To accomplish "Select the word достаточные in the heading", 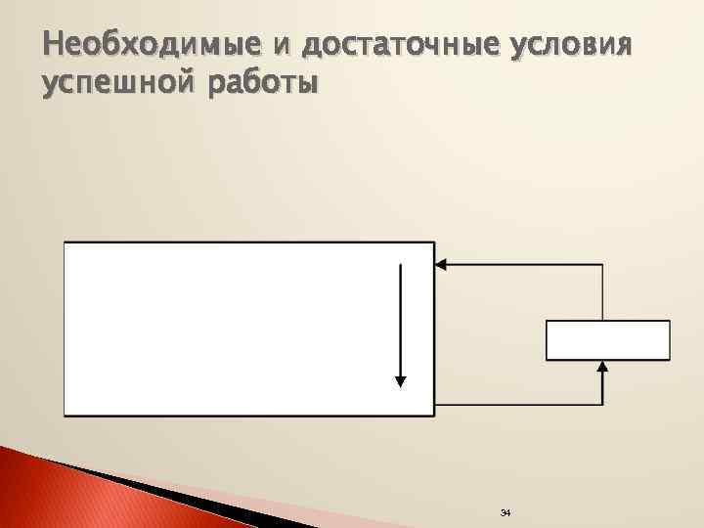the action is pyautogui.click(x=401, y=45).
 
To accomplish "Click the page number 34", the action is pyautogui.click(x=506, y=513).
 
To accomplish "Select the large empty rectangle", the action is pyautogui.click(x=225, y=329).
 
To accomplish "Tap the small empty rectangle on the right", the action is pyautogui.click(x=607, y=340).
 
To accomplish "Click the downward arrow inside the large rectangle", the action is pyautogui.click(x=400, y=323).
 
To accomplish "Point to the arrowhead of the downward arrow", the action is pyautogui.click(x=400, y=380).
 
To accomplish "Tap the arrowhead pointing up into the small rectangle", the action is pyautogui.click(x=603, y=368).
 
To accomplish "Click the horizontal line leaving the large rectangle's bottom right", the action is pyautogui.click(x=518, y=404).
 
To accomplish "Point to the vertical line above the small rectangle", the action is pyautogui.click(x=603, y=291).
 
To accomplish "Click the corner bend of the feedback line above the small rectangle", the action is pyautogui.click(x=603, y=264).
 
